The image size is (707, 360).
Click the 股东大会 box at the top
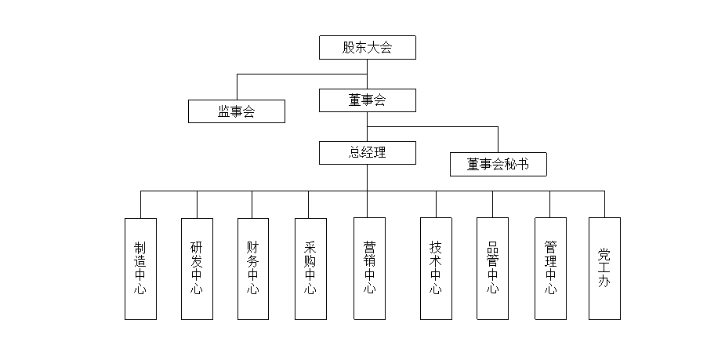click(367, 47)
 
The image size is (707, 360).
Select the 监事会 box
click(236, 111)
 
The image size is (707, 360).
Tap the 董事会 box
click(367, 100)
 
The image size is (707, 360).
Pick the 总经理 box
click(367, 152)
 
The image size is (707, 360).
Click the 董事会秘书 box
click(498, 164)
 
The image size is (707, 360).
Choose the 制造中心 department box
click(140, 268)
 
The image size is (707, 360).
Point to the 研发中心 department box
click(197, 268)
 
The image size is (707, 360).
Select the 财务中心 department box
click(253, 268)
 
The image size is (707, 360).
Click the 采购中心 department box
click(310, 268)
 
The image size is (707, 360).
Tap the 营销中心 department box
click(369, 268)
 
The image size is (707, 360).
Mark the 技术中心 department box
click(436, 268)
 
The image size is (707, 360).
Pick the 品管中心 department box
click(492, 268)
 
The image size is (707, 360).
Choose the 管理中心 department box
click(550, 268)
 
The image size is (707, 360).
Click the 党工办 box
click(604, 268)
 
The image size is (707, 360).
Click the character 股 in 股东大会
click(349, 47)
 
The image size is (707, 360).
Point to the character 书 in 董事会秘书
click(523, 164)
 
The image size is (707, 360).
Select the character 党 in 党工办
click(604, 254)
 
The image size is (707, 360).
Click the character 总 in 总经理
click(354, 152)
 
